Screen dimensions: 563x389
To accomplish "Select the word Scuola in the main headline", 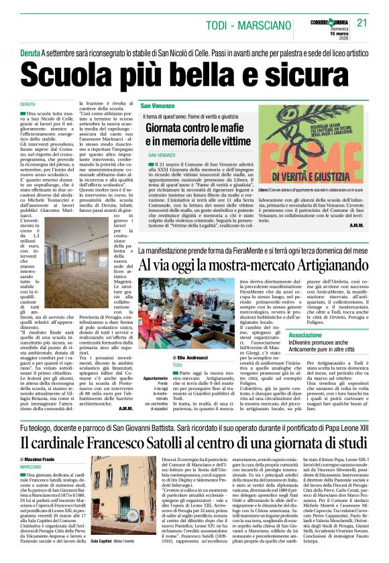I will [69, 72].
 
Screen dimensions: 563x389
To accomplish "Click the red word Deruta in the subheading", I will [30, 52].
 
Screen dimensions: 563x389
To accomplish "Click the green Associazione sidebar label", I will [305, 334].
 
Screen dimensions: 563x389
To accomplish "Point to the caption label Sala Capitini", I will [103, 558].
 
